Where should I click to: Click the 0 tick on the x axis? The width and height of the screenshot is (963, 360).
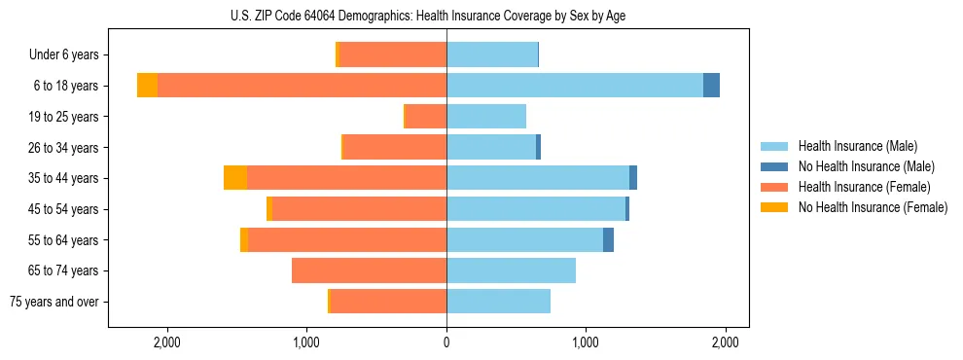446,342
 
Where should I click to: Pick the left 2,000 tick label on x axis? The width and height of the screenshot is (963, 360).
167,342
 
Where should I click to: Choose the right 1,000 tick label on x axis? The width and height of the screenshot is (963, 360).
586,342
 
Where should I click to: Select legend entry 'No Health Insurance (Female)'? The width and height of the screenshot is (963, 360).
873,207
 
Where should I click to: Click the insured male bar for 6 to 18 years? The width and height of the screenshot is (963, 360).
574,86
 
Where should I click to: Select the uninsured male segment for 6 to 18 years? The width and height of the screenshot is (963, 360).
711,86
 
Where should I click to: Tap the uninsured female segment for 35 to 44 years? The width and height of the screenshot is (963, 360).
235,178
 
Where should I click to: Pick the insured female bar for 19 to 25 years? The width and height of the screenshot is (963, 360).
426,117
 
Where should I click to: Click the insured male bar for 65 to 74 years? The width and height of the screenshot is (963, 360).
511,270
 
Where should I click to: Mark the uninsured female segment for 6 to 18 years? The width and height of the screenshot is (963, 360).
147,86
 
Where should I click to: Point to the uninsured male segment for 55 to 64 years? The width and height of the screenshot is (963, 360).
608,239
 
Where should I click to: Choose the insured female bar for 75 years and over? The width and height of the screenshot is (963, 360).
389,302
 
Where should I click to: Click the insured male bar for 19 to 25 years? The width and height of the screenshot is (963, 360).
486,117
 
